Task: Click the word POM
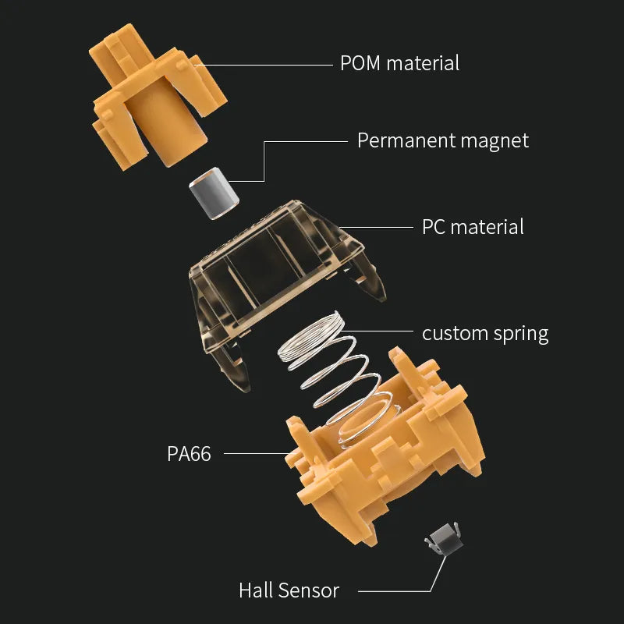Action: (x=360, y=63)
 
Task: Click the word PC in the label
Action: (x=434, y=227)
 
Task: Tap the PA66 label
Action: (x=189, y=453)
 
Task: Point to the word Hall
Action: (x=257, y=590)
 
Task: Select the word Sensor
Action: (x=310, y=590)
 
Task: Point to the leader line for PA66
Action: (x=253, y=452)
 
